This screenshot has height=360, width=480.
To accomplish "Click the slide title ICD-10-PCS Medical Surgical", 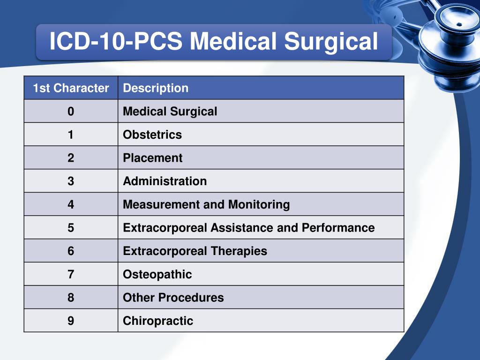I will tap(214, 42).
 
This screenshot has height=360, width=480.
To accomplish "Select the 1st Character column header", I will tap(71, 88).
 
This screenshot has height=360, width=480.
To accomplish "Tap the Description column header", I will tap(156, 88).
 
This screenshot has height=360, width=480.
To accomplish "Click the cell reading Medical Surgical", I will tap(170, 112).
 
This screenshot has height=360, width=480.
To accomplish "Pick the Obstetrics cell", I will tap(152, 135).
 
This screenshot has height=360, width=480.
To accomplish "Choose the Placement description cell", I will tap(153, 158).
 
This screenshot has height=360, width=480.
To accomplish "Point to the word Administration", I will tap(165, 181).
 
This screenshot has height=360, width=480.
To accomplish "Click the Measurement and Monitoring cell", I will tap(206, 205).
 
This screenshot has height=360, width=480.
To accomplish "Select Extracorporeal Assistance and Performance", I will tap(249, 228).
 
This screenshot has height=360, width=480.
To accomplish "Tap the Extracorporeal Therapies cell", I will tap(195, 251).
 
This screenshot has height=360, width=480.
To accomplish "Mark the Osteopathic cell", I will tap(157, 274).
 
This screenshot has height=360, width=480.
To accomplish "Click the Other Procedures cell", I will tap(173, 298).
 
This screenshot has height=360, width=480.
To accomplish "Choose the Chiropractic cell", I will tap(158, 321).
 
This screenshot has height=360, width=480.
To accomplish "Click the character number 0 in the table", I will tap(71, 112).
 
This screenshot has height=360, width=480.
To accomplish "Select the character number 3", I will tap(71, 181).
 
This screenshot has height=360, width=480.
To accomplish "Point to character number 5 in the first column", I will tap(71, 228).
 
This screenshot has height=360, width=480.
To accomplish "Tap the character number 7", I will tap(71, 274).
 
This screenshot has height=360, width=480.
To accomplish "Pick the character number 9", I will tap(71, 321).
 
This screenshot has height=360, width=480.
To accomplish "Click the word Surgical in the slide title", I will tap(331, 42).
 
